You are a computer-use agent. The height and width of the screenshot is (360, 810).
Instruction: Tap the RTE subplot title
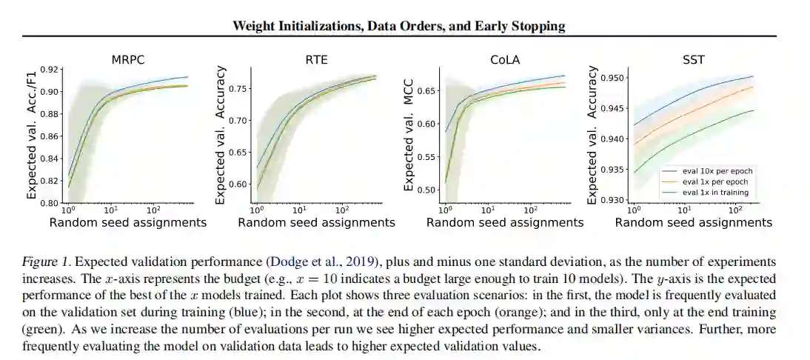316,60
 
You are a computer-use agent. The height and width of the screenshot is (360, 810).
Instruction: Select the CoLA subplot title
505,60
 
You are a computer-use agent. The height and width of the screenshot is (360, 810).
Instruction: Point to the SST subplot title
694,60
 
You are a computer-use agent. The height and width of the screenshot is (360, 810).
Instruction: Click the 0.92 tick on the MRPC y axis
50,70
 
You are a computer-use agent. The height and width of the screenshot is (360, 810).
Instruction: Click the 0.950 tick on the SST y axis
614,78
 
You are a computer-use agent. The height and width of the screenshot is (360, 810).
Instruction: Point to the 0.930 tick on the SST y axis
614,201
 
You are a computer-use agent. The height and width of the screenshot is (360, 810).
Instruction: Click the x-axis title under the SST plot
694,222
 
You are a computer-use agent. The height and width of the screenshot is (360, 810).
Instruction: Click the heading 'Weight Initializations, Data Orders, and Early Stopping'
398,26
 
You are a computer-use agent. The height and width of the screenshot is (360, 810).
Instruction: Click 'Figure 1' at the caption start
48,262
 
